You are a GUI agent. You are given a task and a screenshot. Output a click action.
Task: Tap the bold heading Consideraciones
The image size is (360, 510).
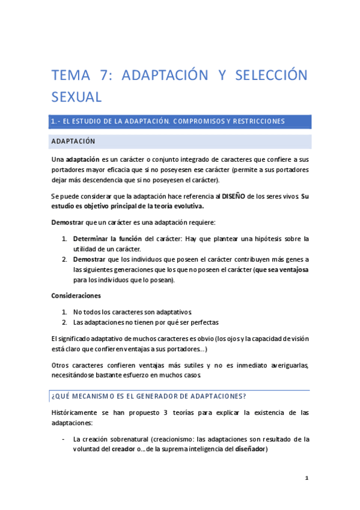[x=76, y=296]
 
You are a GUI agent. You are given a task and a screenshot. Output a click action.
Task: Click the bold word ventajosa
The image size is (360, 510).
[x=291, y=270]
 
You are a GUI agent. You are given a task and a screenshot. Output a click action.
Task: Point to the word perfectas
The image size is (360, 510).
[x=203, y=322]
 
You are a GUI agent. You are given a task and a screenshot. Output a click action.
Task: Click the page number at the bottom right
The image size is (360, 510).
[x=307, y=478]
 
